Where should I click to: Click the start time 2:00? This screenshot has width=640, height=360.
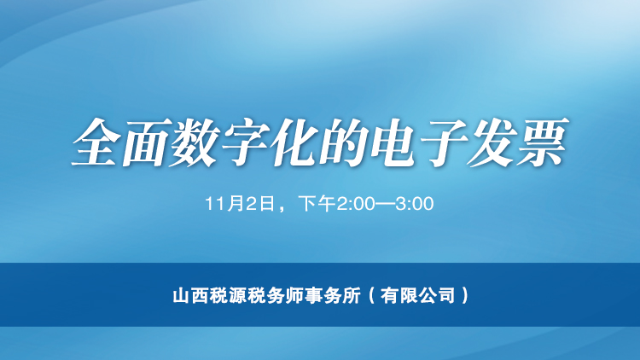(x=355, y=204)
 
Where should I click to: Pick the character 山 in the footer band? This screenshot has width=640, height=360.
(x=179, y=296)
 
